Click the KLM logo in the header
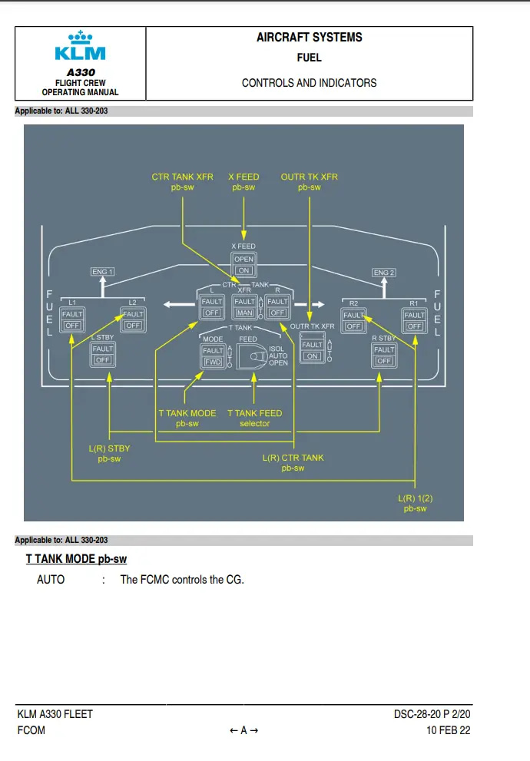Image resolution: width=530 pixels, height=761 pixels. click(80, 47)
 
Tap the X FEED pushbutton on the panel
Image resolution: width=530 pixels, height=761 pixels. click(243, 265)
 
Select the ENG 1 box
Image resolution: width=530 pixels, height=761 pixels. click(102, 272)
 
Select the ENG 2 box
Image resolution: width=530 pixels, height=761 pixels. click(383, 273)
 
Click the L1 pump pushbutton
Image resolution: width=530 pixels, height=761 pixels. click(72, 319)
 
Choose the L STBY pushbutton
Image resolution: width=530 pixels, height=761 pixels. click(102, 354)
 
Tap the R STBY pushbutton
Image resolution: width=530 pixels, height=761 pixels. click(383, 355)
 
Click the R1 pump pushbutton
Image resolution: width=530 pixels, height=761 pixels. click(415, 320)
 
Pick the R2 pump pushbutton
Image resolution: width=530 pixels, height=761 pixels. click(353, 320)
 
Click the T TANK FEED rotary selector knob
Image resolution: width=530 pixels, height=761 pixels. click(251, 356)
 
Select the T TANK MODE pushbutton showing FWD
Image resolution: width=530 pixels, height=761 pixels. click(213, 356)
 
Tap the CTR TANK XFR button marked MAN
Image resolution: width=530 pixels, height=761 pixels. click(244, 307)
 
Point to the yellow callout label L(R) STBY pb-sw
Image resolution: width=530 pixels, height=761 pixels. click(109, 454)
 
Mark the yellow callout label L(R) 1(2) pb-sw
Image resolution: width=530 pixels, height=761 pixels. click(416, 504)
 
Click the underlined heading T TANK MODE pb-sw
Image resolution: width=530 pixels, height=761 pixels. click(76, 559)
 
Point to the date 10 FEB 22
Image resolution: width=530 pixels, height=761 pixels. click(449, 730)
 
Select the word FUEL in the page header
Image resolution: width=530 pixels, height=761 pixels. click(309, 58)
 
